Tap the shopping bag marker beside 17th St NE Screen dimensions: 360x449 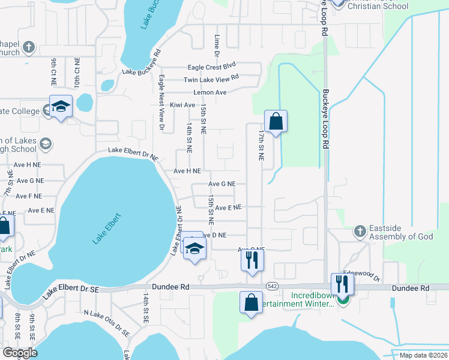[276, 122]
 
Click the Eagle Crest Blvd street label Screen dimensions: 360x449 [212, 66]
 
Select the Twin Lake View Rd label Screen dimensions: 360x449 [211, 78]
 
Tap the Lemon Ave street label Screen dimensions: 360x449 [209, 92]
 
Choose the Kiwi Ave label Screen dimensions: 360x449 [182, 105]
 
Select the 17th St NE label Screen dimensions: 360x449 [262, 144]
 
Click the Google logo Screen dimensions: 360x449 [20, 353]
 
